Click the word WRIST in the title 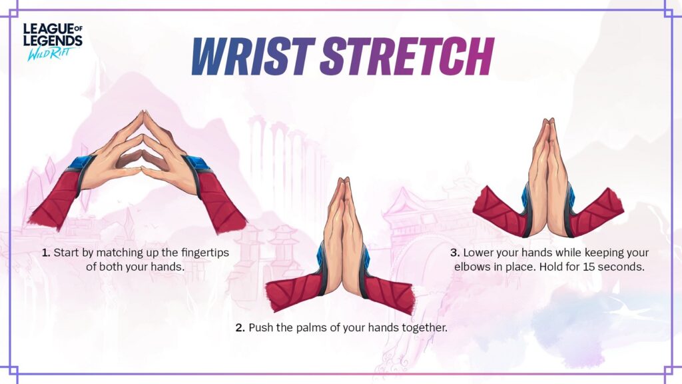[x=254, y=56]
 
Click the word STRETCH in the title [x=407, y=56]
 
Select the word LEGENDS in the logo [x=53, y=41]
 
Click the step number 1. [x=46, y=253]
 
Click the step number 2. [x=240, y=327]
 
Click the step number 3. [x=455, y=253]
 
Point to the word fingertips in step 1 [x=205, y=253]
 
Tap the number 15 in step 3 [x=589, y=267]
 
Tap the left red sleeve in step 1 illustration [x=57, y=198]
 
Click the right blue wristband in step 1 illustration [x=198, y=166]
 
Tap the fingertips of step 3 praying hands [x=548, y=122]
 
